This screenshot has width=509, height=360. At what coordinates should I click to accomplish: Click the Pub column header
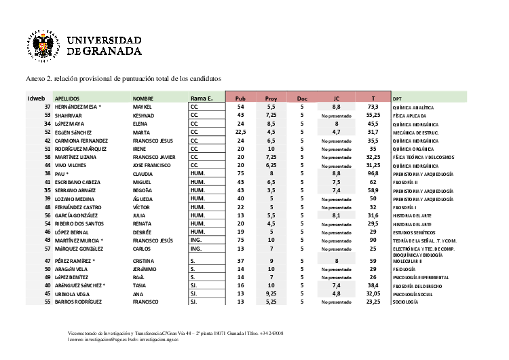[240, 98]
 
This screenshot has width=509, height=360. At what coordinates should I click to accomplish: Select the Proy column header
[271, 98]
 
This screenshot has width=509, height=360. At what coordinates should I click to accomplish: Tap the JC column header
[336, 98]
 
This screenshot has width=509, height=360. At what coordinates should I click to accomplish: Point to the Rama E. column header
[202, 98]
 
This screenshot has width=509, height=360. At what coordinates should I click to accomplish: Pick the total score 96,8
[373, 173]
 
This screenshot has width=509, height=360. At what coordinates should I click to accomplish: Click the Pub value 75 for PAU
[240, 173]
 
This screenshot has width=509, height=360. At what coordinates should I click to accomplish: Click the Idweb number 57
[48, 248]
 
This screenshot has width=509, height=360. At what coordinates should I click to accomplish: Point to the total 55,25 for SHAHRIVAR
[373, 115]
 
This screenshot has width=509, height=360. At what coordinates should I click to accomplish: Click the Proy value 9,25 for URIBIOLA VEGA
[271, 293]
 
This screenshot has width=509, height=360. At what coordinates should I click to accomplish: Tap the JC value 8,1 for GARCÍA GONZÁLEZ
[335, 215]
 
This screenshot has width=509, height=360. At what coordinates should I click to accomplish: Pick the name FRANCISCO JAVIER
[155, 156]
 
